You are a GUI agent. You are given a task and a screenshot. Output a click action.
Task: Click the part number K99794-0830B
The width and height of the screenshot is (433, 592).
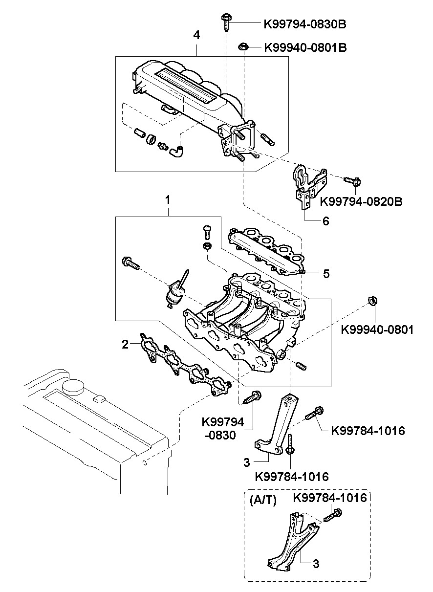coord(305,24)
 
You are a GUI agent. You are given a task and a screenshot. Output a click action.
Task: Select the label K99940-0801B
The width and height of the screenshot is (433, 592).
coord(305,48)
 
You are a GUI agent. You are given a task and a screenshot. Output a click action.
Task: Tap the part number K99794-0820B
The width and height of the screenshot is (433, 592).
coord(361,201)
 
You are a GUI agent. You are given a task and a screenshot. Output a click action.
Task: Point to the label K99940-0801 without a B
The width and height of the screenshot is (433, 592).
coord(377,329)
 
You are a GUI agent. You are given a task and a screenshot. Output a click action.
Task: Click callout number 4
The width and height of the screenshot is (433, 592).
coord(196,35)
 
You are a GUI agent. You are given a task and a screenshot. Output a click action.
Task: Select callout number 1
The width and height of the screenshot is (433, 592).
coord(168,200)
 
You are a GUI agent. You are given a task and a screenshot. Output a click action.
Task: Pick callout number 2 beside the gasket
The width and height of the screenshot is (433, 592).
coord(125,344)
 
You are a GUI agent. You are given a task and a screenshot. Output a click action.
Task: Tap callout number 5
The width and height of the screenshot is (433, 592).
coord(326,274)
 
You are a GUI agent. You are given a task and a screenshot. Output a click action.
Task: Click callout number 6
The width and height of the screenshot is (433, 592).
coord(326,221)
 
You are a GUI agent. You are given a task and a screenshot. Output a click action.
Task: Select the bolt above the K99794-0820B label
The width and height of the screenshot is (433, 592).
coord(352,181)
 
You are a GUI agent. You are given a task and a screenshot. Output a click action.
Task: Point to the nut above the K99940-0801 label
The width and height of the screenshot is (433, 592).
coord(372,301)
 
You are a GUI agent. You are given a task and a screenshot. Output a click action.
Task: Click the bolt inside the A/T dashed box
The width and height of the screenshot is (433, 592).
coord(333,515)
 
